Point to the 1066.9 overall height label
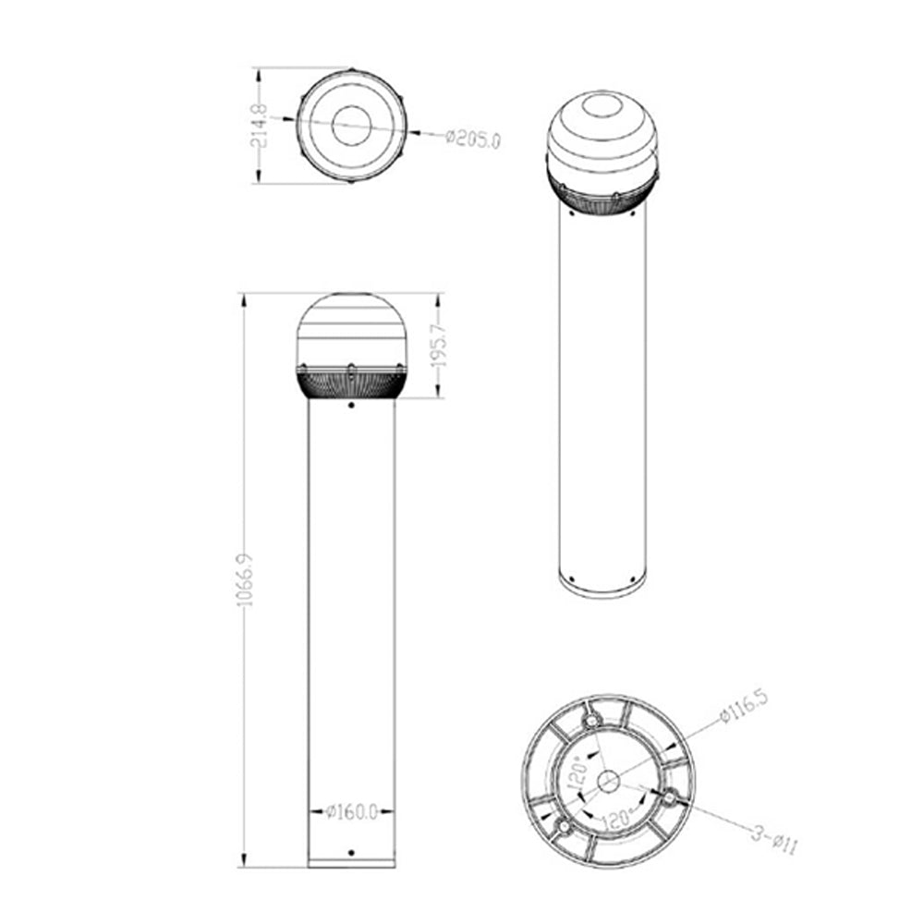click(x=244, y=580)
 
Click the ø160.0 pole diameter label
click(x=352, y=812)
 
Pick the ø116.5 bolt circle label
click(x=744, y=706)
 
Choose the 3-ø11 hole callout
click(x=774, y=840)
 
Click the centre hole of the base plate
click(x=608, y=782)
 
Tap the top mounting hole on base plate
click(x=591, y=720)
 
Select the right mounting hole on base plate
click(x=670, y=798)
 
